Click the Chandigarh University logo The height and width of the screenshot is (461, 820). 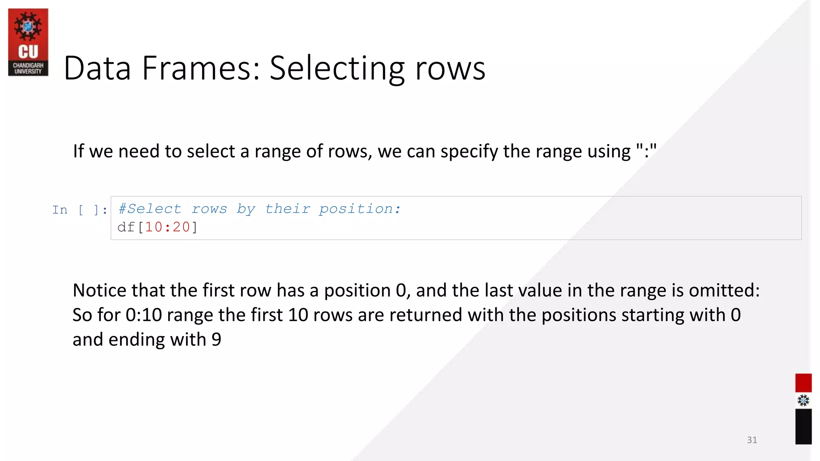pos(28,42)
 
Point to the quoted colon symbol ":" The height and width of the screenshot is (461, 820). pos(646,151)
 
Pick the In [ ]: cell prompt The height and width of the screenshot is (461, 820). pos(79,210)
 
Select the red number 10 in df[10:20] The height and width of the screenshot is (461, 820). pos(153,227)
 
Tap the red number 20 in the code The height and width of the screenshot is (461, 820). pos(181,227)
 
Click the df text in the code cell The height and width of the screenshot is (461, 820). pos(126,227)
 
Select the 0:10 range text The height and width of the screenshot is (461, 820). pos(143,315)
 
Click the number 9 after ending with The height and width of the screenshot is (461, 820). pos(216,340)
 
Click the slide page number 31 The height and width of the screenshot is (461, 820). pos(752,440)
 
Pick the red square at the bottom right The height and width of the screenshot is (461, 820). pos(803,383)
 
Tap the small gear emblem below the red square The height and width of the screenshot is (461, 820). pos(803,401)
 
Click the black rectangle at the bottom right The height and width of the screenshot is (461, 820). pos(803,426)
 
